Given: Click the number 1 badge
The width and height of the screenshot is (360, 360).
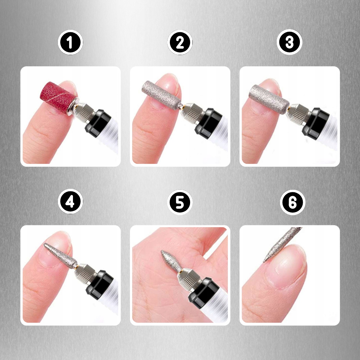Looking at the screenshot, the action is (70, 42).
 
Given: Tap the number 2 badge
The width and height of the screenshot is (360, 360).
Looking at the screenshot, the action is (180, 42).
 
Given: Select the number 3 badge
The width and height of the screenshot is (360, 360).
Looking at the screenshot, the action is (289, 42).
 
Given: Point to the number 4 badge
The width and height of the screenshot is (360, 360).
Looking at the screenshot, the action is (70, 201).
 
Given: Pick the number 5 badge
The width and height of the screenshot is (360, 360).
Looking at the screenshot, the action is (180, 202).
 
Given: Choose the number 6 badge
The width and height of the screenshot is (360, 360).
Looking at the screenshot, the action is (292, 202).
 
